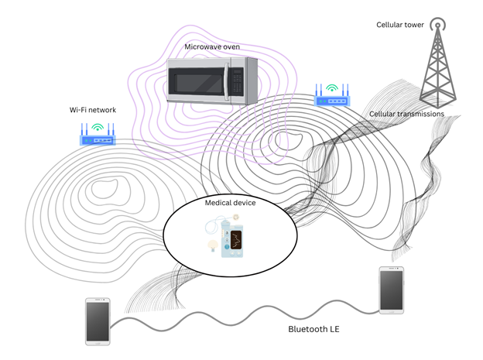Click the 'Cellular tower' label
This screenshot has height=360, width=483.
[400, 25]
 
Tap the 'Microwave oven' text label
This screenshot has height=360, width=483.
[212, 46]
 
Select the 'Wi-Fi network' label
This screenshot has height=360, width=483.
[93, 110]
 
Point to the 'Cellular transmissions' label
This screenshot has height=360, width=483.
[406, 114]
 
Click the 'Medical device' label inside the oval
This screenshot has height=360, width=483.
[230, 203]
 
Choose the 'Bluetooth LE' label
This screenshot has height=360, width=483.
[313, 329]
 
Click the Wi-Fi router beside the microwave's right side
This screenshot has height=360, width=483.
[332, 95]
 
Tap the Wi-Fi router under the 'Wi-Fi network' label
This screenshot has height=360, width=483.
[98, 134]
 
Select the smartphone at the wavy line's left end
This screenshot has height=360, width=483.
[98, 321]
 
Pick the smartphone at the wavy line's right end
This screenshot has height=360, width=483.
[391, 290]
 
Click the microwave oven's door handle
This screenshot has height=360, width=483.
[227, 81]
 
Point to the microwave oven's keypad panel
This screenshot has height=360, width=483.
[237, 81]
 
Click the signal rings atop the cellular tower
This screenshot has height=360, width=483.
[438, 24]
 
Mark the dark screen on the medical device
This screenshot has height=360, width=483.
[236, 239]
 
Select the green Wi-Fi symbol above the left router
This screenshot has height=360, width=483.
[98, 127]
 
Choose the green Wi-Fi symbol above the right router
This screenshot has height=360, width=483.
[332, 87]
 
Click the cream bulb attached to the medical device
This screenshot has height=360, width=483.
[213, 245]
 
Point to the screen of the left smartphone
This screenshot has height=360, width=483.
[98, 321]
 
